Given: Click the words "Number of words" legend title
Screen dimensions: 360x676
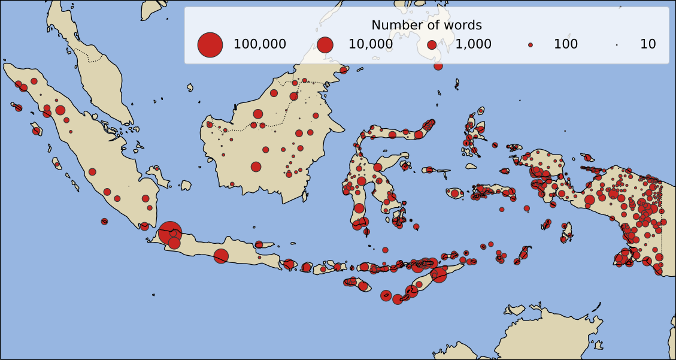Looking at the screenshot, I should pyautogui.click(x=426, y=25).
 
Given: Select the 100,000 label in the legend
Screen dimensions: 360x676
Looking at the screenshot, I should pyautogui.click(x=259, y=44).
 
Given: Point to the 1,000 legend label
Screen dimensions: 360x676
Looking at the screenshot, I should pyautogui.click(x=473, y=44).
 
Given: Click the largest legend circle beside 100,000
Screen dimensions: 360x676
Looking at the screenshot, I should pyautogui.click(x=210, y=44).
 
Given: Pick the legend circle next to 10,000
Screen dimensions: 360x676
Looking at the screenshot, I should pyautogui.click(x=325, y=44).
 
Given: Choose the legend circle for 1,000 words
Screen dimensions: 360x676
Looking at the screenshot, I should pyautogui.click(x=432, y=44).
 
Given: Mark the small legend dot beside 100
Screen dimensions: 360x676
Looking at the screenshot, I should pyautogui.click(x=530, y=44).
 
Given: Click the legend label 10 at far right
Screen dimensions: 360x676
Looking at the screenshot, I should pyautogui.click(x=648, y=44).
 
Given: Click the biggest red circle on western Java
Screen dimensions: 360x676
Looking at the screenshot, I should pyautogui.click(x=169, y=231).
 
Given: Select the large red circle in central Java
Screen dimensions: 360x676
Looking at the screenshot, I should pyautogui.click(x=221, y=256).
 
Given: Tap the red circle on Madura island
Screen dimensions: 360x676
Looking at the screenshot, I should pyautogui.click(x=259, y=244).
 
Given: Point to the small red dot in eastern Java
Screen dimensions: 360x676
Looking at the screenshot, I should pyautogui.click(x=259, y=258).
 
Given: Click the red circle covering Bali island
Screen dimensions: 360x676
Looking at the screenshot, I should pyautogui.click(x=289, y=264).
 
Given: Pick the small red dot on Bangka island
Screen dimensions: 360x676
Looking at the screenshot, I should pyautogui.click(x=157, y=169).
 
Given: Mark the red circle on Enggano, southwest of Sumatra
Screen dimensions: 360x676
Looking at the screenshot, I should pyautogui.click(x=104, y=222).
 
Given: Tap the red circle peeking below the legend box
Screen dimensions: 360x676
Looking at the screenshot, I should pyautogui.click(x=438, y=65).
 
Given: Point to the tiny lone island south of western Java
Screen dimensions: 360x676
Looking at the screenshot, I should pyautogui.click(x=153, y=295).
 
